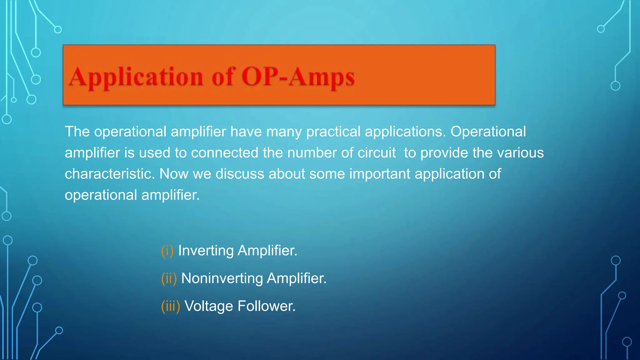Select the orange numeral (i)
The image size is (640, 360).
click(x=167, y=251)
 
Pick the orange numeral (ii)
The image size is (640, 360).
click(x=169, y=278)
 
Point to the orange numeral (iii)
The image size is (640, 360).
click(x=170, y=306)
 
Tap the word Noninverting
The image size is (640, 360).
click(x=222, y=278)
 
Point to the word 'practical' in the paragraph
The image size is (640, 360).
click(x=333, y=132)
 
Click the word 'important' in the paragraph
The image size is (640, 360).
click(x=379, y=174)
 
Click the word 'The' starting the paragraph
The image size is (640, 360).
click(x=77, y=132)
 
